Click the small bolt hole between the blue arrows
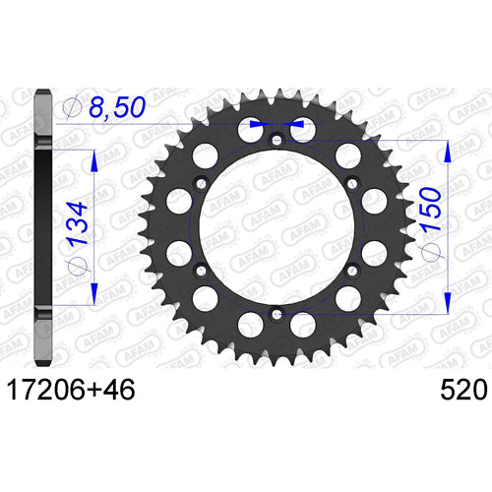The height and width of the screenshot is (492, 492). point(277,138)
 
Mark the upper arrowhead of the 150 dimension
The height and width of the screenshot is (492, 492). point(450,150)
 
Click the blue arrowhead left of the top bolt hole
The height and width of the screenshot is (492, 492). point(258,126)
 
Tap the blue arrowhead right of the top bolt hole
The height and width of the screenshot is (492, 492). point(293,126)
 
